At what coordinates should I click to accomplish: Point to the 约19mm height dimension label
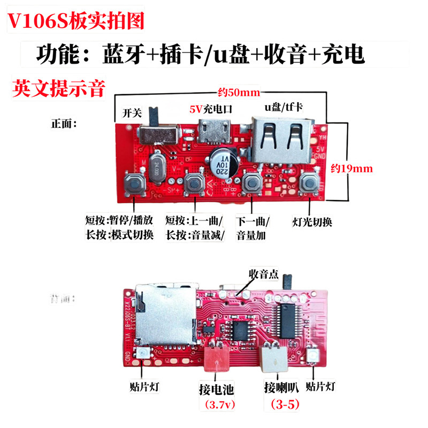tap(352, 168)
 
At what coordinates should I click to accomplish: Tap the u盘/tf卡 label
tap(284, 107)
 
